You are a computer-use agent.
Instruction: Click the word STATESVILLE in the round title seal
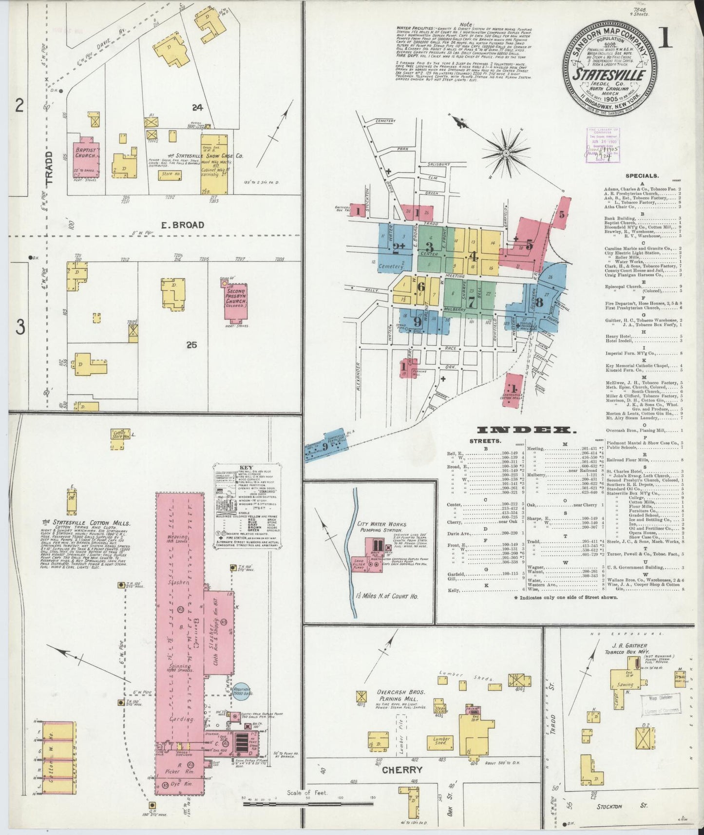(x=609, y=76)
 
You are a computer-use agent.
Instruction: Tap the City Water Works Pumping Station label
(x=380, y=527)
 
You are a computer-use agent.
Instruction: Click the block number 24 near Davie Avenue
(x=197, y=108)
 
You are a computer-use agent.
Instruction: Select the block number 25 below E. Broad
(x=191, y=345)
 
